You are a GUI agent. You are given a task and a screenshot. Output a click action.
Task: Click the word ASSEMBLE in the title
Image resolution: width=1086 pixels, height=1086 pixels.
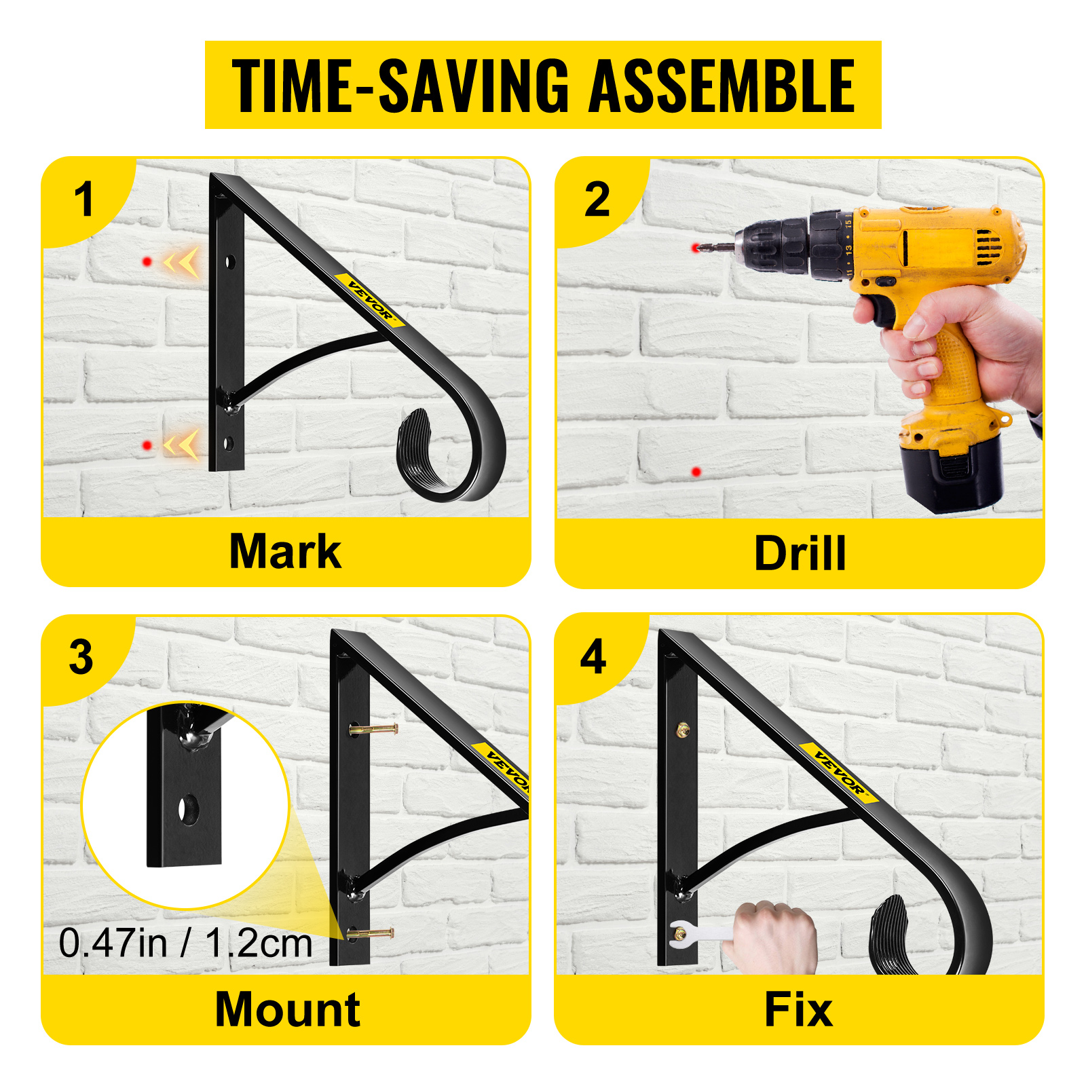point(722,86)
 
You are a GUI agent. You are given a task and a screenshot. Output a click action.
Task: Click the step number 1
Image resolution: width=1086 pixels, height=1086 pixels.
point(83,200)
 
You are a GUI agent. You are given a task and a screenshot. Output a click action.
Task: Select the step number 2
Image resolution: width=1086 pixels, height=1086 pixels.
point(597,200)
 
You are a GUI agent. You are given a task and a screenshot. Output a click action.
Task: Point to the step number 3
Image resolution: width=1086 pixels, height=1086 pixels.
point(81,657)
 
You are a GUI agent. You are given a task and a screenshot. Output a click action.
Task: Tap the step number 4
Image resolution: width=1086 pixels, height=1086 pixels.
point(593,657)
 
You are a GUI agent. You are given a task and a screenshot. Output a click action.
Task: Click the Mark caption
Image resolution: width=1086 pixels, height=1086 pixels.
point(285,551)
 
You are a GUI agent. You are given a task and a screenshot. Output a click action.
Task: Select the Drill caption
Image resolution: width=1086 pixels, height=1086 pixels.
point(800,553)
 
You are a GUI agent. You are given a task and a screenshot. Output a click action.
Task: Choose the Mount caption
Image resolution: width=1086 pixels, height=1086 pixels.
point(287,1009)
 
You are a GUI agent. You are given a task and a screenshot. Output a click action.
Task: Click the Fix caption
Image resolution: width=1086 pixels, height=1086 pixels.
point(798,1010)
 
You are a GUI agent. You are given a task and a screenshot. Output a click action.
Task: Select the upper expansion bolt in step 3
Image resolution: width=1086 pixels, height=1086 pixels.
point(373,730)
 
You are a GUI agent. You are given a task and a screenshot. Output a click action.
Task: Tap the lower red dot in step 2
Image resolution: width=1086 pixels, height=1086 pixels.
point(696,471)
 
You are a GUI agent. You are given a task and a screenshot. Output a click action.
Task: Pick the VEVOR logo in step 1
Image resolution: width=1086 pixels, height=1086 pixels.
point(370,299)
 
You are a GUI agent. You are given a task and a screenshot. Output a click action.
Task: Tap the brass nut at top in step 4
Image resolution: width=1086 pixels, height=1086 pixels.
point(683,730)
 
